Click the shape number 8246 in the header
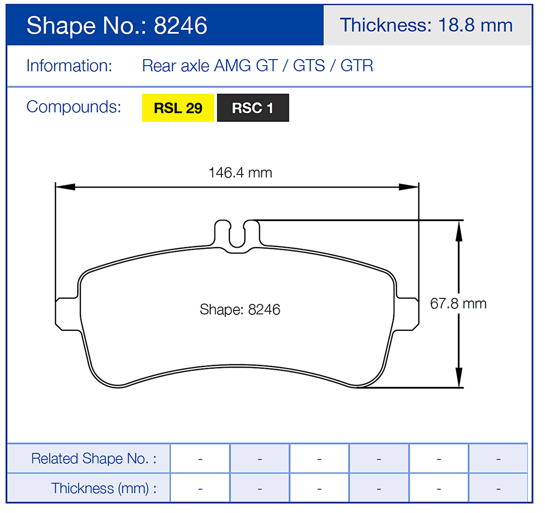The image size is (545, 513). pyautogui.click(x=180, y=26)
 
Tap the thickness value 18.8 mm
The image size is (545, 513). pyautogui.click(x=475, y=25)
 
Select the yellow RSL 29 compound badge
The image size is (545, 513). pyautogui.click(x=178, y=108)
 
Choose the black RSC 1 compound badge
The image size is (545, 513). pyautogui.click(x=253, y=108)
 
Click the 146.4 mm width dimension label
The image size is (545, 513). pyautogui.click(x=240, y=173)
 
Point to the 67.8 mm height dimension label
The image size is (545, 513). pyautogui.click(x=458, y=304)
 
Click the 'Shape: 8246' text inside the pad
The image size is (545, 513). pyautogui.click(x=240, y=310)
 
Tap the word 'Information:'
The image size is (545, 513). pyautogui.click(x=69, y=66)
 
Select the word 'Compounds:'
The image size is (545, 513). pyautogui.click(x=73, y=107)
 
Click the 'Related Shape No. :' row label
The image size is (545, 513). pyautogui.click(x=94, y=458)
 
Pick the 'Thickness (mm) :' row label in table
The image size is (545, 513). pyautogui.click(x=104, y=488)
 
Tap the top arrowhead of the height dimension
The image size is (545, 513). pyautogui.click(x=458, y=230)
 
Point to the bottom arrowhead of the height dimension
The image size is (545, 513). pyautogui.click(x=458, y=378)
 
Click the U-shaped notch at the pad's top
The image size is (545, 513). pyautogui.click(x=237, y=234)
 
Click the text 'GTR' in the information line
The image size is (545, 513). pyautogui.click(x=357, y=66)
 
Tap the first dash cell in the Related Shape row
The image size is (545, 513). pyautogui.click(x=200, y=458)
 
